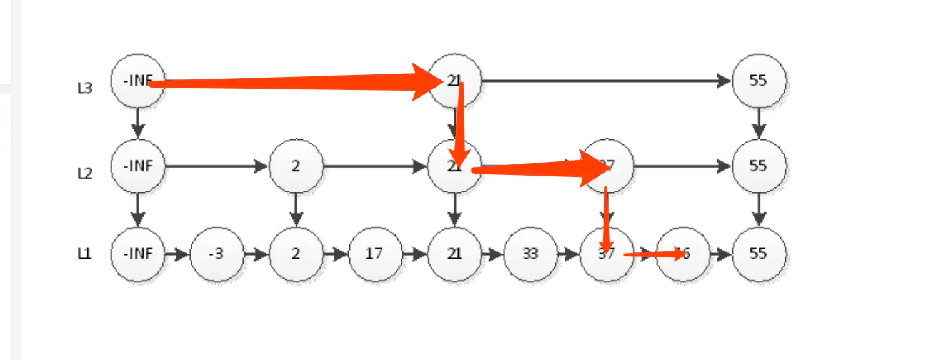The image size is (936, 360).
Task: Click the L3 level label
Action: click(x=84, y=88)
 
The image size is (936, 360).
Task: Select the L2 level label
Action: click(x=84, y=173)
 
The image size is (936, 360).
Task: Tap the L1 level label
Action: click(x=84, y=254)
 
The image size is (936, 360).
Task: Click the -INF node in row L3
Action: click(x=137, y=81)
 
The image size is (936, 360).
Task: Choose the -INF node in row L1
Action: click(x=137, y=254)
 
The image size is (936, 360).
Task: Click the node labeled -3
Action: click(x=217, y=254)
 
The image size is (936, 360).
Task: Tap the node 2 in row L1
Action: click(x=296, y=254)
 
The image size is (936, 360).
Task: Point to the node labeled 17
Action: click(x=375, y=254)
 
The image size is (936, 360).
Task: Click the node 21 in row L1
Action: click(x=454, y=254)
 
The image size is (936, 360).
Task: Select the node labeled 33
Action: click(x=530, y=254)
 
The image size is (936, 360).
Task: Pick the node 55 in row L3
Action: click(x=759, y=81)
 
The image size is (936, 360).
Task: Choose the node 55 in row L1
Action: click(x=759, y=254)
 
